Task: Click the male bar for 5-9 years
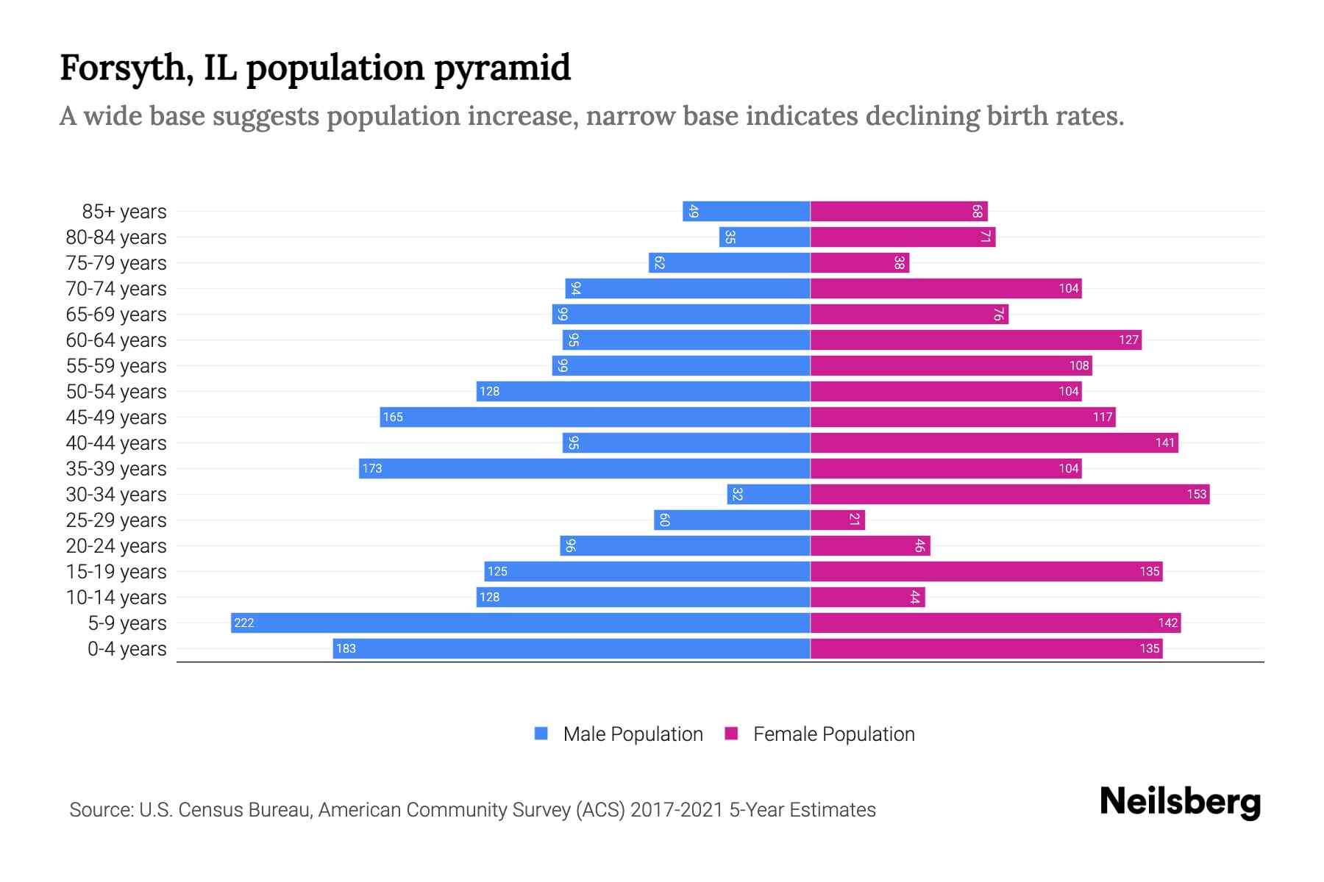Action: point(520,623)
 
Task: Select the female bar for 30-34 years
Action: point(1009,494)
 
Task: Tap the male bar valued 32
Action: point(769,494)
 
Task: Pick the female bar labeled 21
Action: point(837,520)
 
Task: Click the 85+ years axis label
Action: point(124,212)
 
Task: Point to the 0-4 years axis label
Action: point(127,649)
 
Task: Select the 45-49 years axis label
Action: point(116,417)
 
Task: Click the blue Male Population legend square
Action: point(541,734)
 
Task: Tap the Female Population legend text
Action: point(833,734)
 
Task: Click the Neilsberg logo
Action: point(1180,802)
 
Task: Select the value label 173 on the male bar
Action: point(372,469)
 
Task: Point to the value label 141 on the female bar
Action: point(1164,443)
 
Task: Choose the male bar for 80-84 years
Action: point(764,237)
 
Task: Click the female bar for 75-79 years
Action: point(859,262)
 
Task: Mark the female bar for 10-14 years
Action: point(867,597)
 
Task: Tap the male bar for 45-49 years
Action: point(594,417)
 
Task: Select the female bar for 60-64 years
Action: point(975,340)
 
